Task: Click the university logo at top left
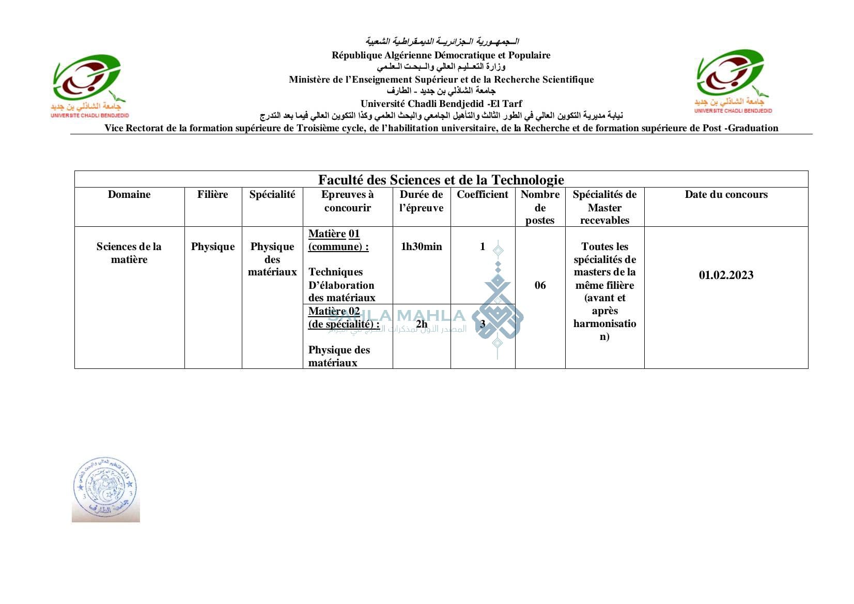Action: click(x=89, y=85)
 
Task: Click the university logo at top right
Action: click(x=733, y=81)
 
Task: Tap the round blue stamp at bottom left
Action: click(x=105, y=489)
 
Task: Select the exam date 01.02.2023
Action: click(x=726, y=275)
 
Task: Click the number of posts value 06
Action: click(x=540, y=285)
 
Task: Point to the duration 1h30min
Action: click(x=421, y=246)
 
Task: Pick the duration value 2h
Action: click(x=421, y=324)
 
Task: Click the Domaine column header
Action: click(x=129, y=194)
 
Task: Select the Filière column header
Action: click(x=212, y=194)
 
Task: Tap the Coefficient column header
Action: click(x=482, y=194)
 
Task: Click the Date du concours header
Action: click(x=726, y=194)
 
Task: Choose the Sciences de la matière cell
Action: click(x=129, y=253)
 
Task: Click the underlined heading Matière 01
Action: click(x=334, y=234)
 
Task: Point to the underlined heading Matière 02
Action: click(x=334, y=311)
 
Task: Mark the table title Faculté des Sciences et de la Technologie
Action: click(x=441, y=179)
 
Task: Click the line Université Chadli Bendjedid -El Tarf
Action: click(x=441, y=103)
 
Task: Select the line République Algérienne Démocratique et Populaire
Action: click(x=441, y=55)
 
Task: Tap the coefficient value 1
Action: click(x=482, y=246)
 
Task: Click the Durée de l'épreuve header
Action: click(x=421, y=201)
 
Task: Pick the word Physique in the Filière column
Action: click(x=212, y=246)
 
